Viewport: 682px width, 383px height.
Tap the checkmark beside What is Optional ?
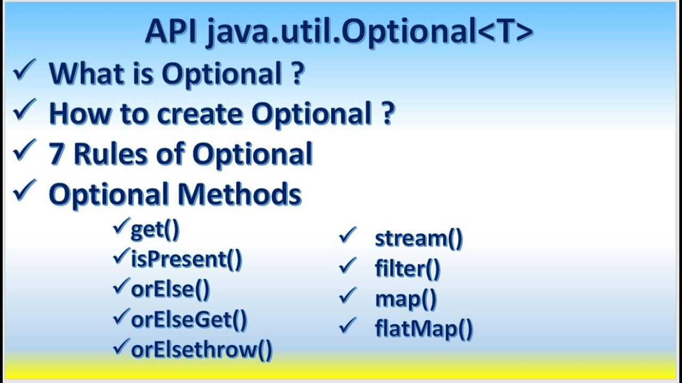click(x=24, y=71)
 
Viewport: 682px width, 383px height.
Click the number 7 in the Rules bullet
click(x=56, y=154)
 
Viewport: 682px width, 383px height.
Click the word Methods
click(x=239, y=194)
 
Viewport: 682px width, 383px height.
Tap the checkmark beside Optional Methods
click(x=24, y=191)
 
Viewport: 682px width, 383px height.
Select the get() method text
click(x=155, y=230)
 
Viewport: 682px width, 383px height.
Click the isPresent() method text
click(x=186, y=260)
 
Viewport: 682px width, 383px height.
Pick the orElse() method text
click(x=170, y=289)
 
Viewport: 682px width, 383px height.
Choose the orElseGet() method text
click(x=189, y=319)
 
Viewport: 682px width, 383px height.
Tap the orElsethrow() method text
click(x=201, y=349)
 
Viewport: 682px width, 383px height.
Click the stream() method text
click(x=419, y=239)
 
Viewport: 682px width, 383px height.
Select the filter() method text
click(x=408, y=269)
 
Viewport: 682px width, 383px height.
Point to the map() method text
click(x=406, y=299)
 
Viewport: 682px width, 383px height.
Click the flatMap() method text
click(x=424, y=329)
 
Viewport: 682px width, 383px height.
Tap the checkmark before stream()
click(x=347, y=235)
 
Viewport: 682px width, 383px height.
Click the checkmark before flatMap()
click(x=347, y=325)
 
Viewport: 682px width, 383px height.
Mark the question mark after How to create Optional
click(x=387, y=113)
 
